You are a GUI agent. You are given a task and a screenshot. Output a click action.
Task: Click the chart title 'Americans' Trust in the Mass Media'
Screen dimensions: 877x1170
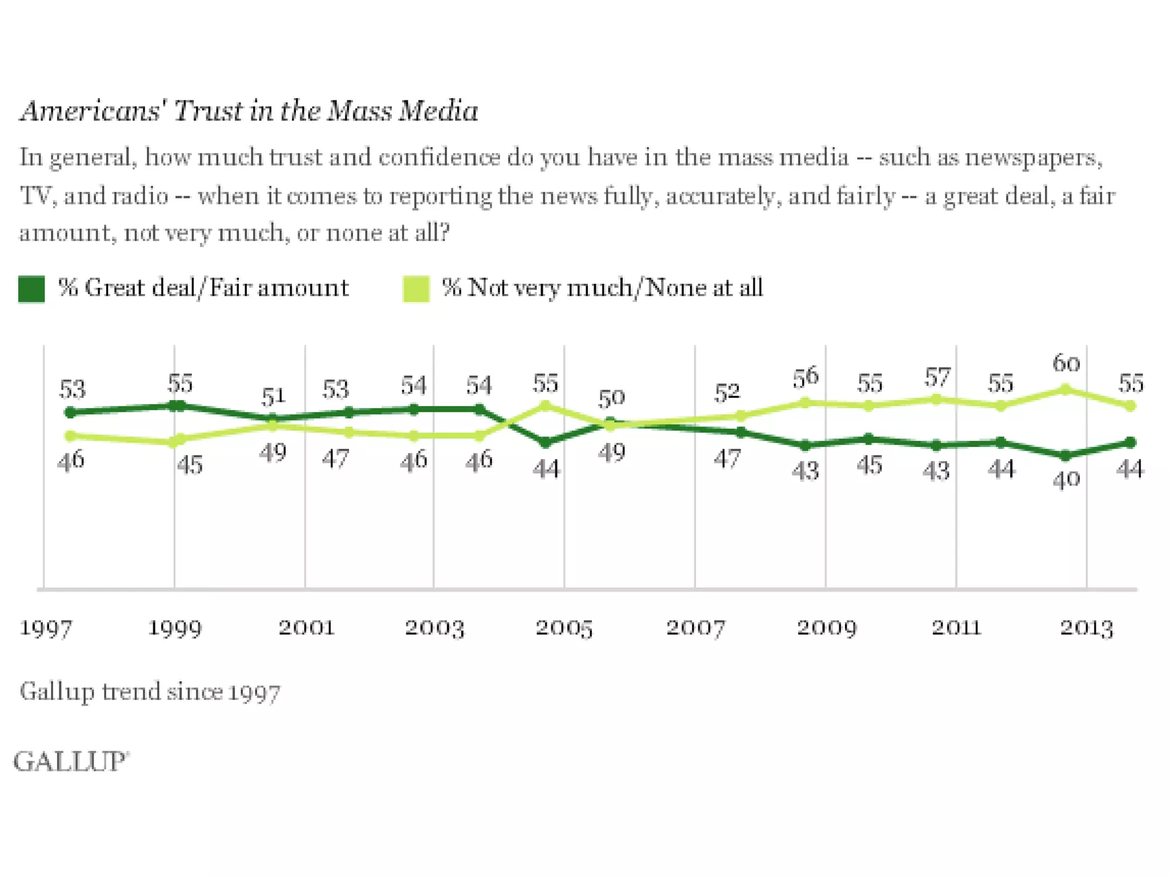[249, 110]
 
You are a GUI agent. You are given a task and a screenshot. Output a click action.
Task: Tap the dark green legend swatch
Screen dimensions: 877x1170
[31, 288]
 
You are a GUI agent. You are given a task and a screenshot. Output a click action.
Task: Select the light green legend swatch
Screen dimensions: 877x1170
[416, 288]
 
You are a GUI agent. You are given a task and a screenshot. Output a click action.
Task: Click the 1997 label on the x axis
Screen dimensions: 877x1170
[46, 628]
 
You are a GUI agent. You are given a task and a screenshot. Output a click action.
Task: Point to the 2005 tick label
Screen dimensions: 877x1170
[564, 628]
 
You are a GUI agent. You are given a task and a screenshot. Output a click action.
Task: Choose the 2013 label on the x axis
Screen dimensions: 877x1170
[1087, 628]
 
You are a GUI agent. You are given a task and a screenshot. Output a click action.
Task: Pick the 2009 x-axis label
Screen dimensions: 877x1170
[826, 628]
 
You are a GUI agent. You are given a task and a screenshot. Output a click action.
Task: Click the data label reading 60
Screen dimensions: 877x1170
[1066, 363]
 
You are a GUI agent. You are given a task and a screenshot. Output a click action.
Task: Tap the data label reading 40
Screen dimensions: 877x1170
[1066, 480]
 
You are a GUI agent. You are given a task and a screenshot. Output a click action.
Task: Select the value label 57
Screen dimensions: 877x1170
[937, 377]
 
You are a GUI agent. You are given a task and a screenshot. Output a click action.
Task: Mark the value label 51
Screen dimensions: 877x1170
[273, 396]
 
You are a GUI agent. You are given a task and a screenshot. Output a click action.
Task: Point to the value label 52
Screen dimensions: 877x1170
[727, 392]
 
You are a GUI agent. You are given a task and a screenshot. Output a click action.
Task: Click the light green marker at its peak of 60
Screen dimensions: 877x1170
[1065, 390]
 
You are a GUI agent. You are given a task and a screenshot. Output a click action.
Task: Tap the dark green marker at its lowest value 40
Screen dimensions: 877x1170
[1065, 456]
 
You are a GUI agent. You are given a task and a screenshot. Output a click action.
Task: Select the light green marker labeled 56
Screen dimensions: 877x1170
[806, 403]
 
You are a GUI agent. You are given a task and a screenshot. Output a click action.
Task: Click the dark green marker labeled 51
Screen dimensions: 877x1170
[273, 419]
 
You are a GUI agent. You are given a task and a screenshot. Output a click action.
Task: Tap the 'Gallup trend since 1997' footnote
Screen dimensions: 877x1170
[150, 692]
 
